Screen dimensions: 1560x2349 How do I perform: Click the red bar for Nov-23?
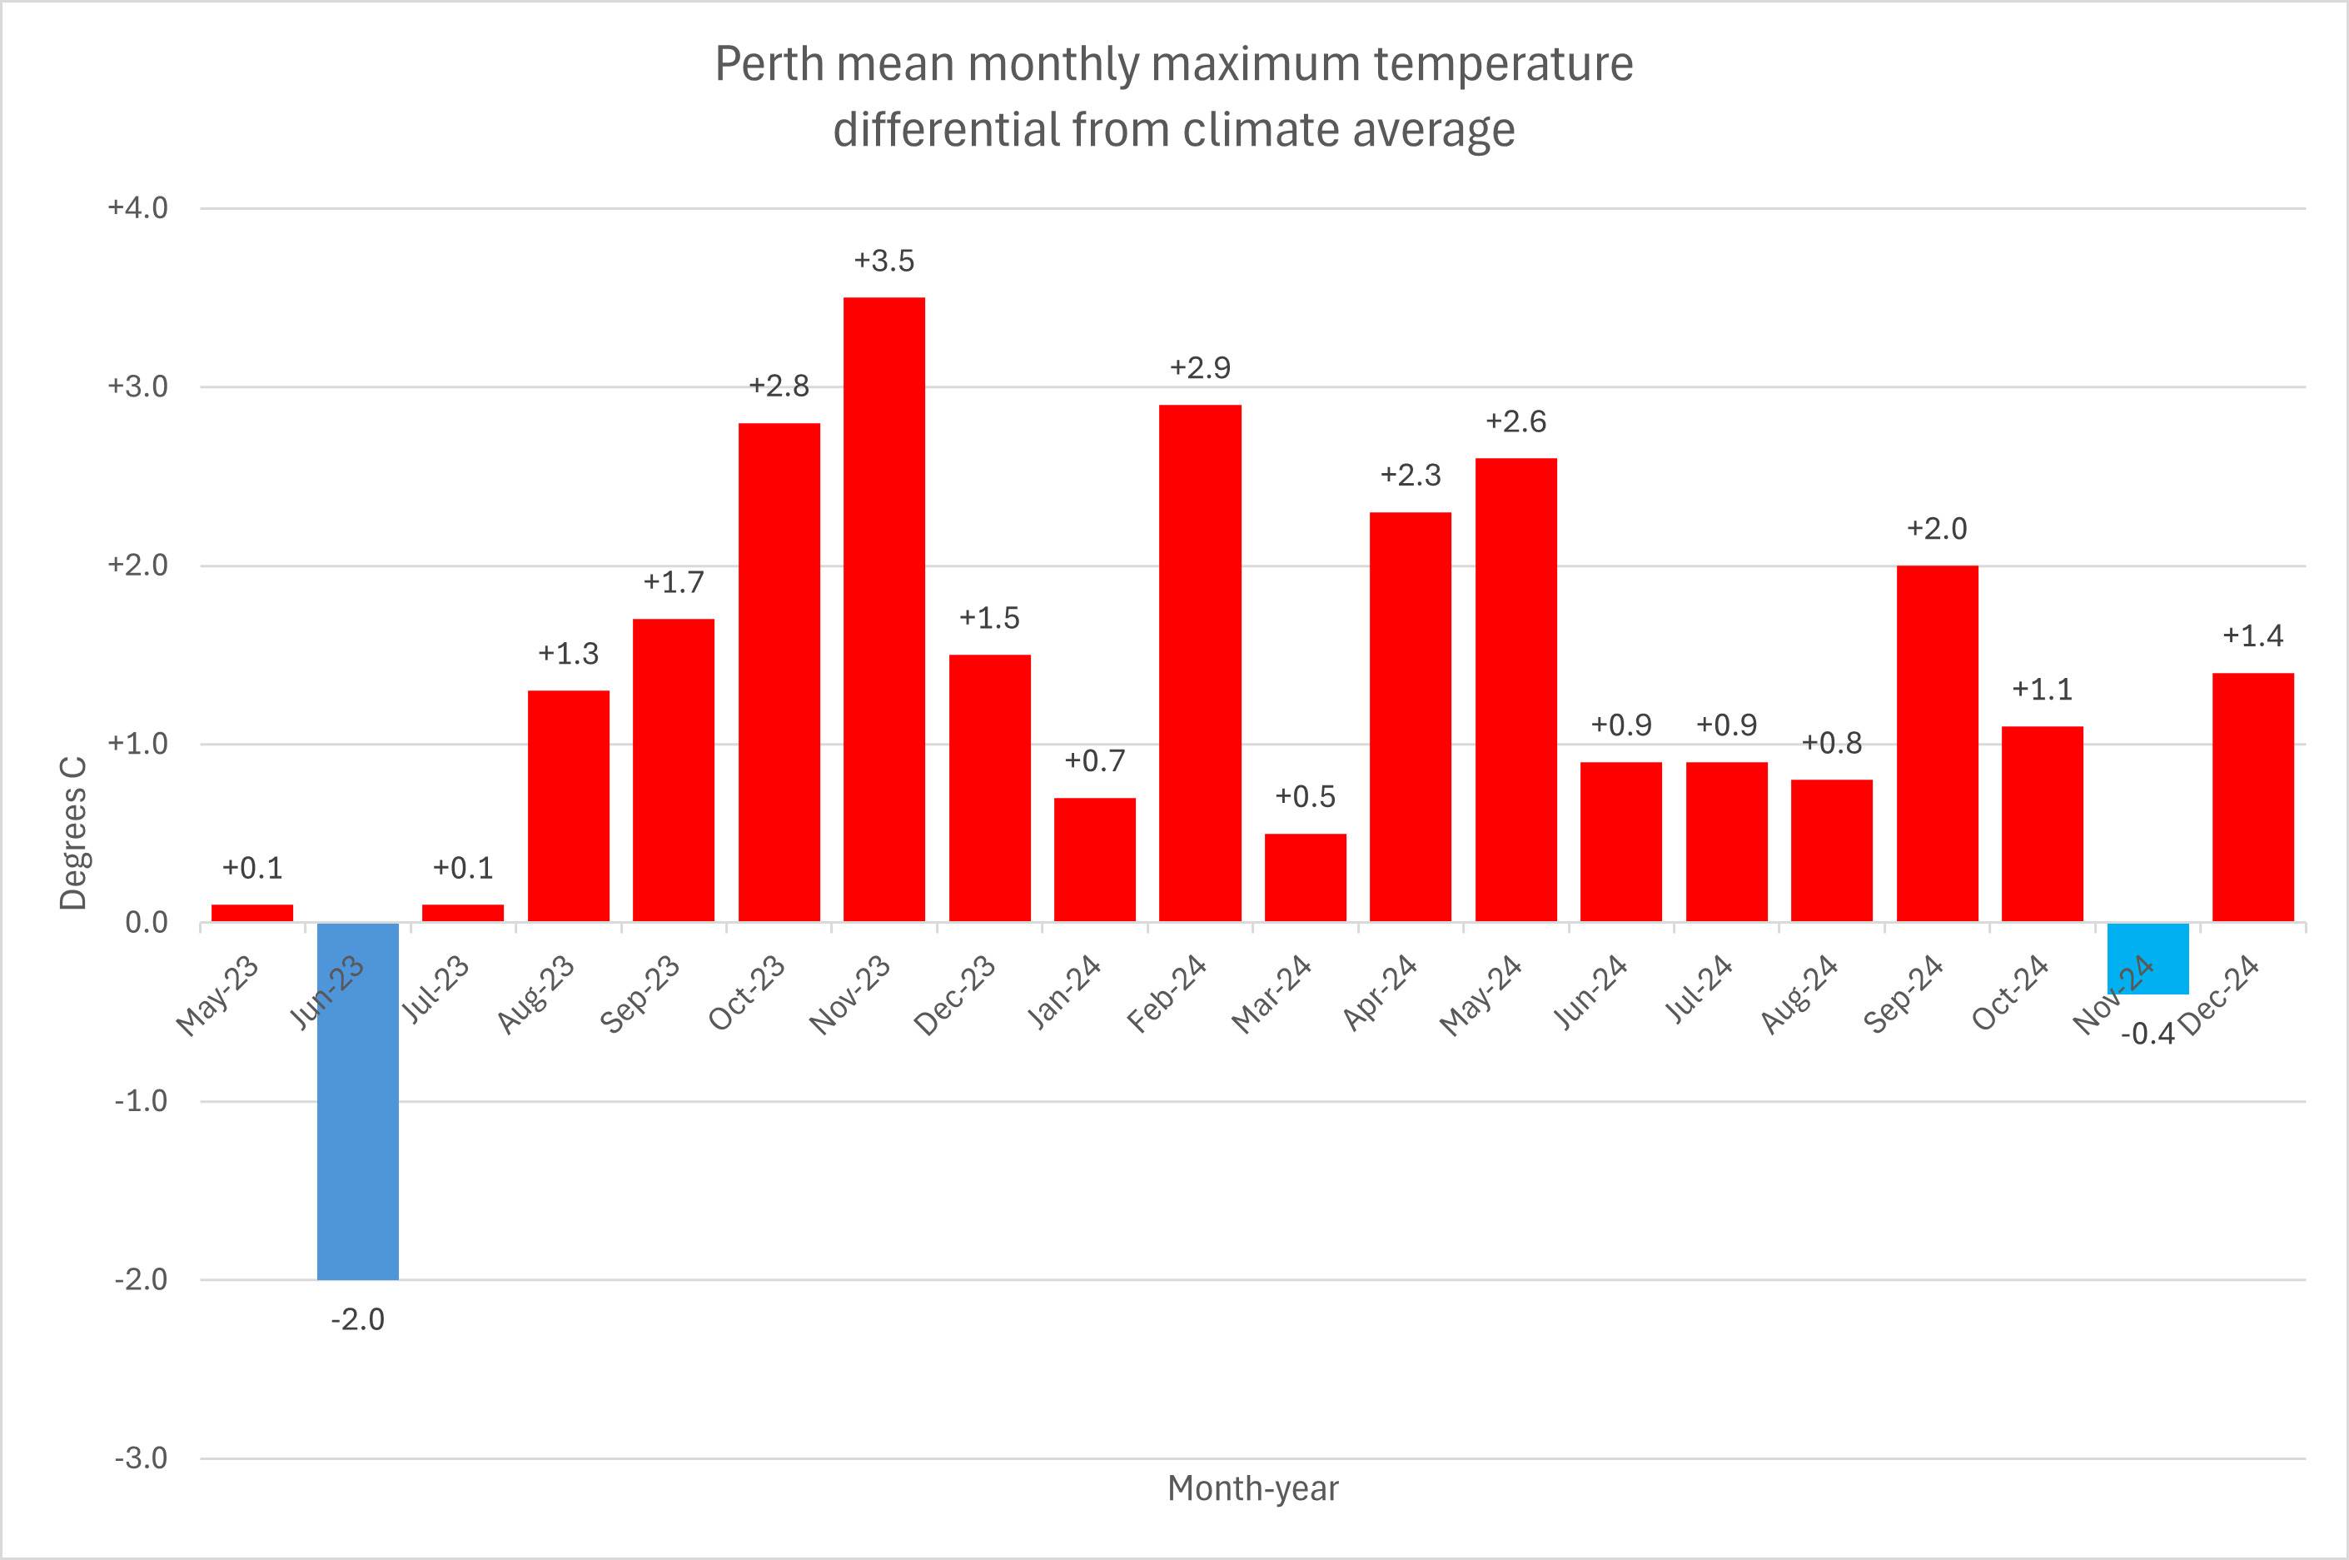(x=884, y=609)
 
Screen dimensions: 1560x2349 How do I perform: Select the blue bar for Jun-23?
(x=358, y=1100)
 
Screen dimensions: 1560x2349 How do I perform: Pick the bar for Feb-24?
(x=1201, y=663)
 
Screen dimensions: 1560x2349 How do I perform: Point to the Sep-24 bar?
(x=1938, y=743)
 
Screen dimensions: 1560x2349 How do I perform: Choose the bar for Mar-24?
(x=1305, y=878)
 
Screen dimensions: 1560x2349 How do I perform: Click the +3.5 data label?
(x=884, y=261)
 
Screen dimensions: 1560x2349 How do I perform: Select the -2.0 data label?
(x=358, y=1319)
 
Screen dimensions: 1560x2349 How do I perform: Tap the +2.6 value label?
(x=1515, y=421)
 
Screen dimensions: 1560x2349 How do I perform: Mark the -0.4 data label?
(x=2148, y=1034)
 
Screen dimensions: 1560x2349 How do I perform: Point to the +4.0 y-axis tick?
(x=138, y=208)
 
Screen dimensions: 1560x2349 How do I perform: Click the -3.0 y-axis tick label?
(x=140, y=1458)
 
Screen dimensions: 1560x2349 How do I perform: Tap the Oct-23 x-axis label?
(x=747, y=994)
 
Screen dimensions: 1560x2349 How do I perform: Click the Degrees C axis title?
(x=73, y=834)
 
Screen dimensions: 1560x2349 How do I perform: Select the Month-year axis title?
(x=1253, y=1488)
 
